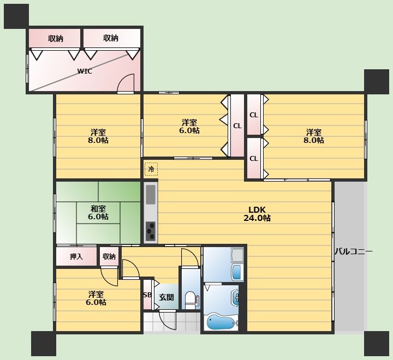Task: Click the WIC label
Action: [85, 71]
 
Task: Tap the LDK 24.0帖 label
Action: [257, 214]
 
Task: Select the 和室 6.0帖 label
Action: [98, 212]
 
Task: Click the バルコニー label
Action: [353, 251]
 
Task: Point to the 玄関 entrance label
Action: [166, 297]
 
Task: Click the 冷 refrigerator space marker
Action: [151, 169]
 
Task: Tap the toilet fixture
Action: [191, 300]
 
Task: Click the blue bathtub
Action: [221, 322]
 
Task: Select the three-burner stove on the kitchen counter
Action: [151, 231]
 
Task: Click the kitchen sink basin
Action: [151, 194]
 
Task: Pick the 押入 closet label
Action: [76, 256]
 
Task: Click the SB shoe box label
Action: [147, 295]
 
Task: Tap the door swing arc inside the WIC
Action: [126, 82]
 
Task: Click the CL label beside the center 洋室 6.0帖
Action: [237, 126]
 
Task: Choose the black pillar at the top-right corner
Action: [377, 82]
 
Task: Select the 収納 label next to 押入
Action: [109, 256]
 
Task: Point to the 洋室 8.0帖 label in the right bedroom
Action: [313, 136]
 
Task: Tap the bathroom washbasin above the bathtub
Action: [236, 298]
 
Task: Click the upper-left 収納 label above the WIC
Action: [56, 39]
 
